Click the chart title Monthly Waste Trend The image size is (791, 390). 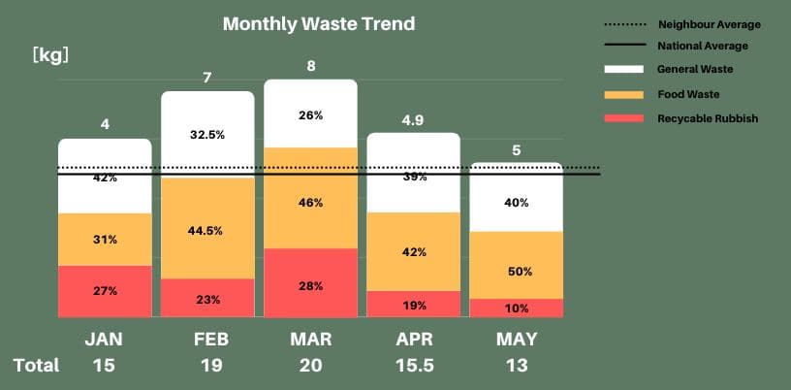(x=319, y=23)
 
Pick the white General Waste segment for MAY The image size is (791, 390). (x=516, y=199)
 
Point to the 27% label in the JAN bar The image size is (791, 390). (x=105, y=291)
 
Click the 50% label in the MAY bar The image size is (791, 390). (x=520, y=272)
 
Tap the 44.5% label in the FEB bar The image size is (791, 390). (x=207, y=231)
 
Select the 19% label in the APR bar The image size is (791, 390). (x=414, y=306)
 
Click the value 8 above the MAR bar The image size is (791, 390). (x=311, y=67)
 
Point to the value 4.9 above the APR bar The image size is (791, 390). (x=413, y=120)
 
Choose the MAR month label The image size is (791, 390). (x=311, y=340)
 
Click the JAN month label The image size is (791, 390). (x=105, y=340)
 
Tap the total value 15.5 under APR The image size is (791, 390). (x=414, y=366)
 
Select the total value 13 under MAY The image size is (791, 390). (x=517, y=366)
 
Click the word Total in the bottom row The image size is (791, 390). (x=36, y=366)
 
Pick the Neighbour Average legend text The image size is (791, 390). (x=709, y=24)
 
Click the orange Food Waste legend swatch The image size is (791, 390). (x=623, y=94)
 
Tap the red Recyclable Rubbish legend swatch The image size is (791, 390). (x=623, y=118)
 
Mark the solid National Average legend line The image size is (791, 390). (x=623, y=46)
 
